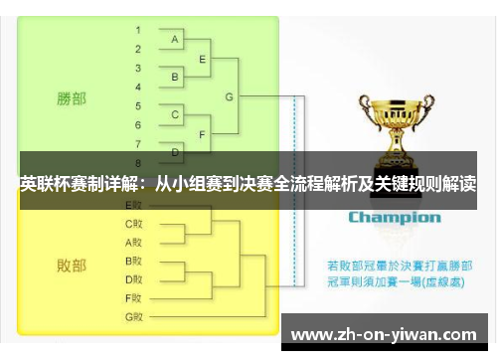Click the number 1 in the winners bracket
coord(138,30)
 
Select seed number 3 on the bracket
coord(138,67)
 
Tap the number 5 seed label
coord(138,104)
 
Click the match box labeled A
coord(176,40)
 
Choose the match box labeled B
coord(176,77)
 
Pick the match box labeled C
coord(176,114)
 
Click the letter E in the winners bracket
coord(203,59)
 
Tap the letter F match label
coord(203,133)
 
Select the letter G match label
coord(230,96)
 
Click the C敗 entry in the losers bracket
coord(134,224)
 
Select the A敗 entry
coord(134,242)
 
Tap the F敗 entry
coord(134,297)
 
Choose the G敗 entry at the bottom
coord(134,316)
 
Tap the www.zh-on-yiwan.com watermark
coord(385,333)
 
